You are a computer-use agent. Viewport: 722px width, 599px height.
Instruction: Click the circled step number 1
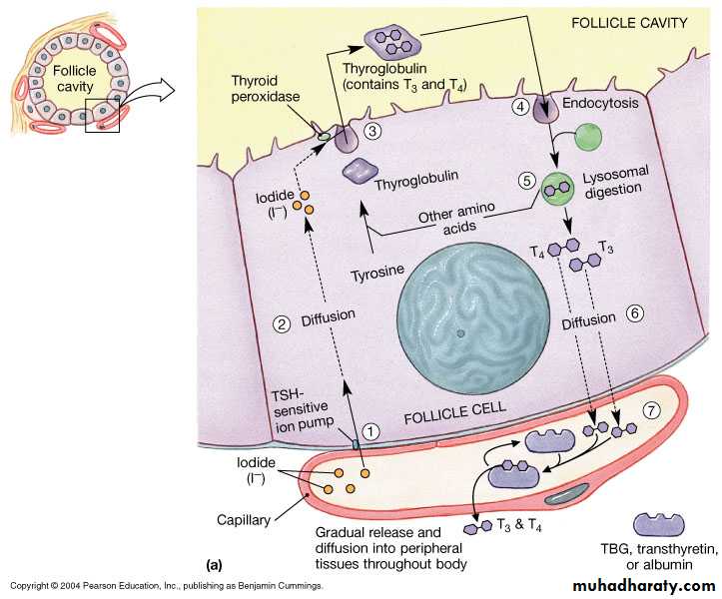[x=370, y=432]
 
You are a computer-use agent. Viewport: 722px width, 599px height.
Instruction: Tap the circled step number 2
[x=283, y=323]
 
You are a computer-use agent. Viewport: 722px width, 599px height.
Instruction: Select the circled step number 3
[x=371, y=131]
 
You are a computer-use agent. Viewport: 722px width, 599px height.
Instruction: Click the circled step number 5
[x=526, y=181]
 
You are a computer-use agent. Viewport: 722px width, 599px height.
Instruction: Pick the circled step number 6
[x=634, y=312]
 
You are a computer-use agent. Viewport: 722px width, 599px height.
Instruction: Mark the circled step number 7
[x=651, y=410]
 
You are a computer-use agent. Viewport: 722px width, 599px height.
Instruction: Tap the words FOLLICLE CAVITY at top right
[x=629, y=23]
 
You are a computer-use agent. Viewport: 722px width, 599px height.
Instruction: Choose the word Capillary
[x=248, y=519]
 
